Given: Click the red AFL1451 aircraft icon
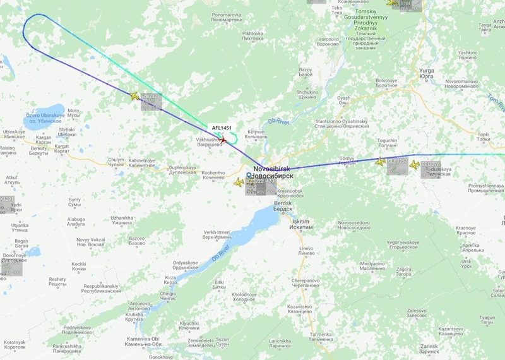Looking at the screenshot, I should click(222, 139).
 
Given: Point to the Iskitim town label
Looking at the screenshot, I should click(302, 224).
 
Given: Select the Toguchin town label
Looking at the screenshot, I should click(387, 143).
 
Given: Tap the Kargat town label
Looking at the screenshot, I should click(62, 147).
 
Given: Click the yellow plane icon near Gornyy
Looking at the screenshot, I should click(381, 162).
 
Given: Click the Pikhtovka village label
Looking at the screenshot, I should click(252, 35).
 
